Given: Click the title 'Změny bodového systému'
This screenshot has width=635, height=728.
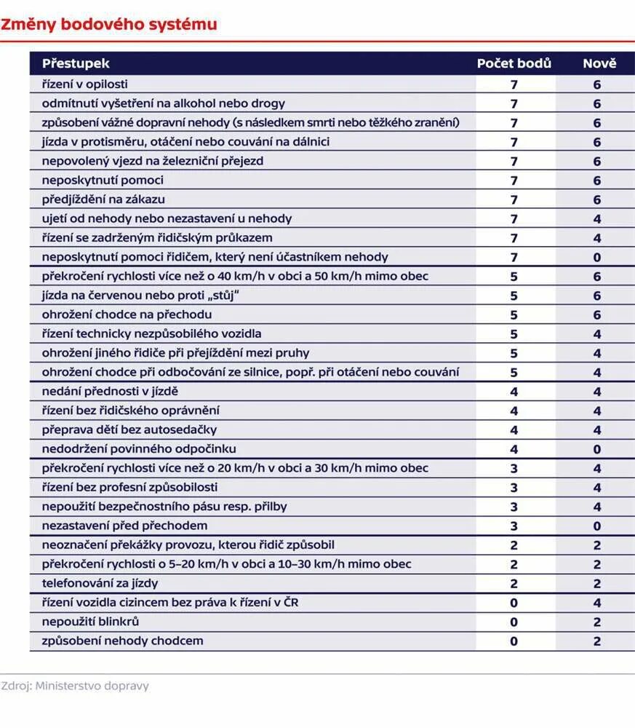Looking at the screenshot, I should (109, 25).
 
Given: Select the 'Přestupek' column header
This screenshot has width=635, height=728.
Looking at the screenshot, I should (76, 63).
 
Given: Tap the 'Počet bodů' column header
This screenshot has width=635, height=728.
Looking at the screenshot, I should (514, 63).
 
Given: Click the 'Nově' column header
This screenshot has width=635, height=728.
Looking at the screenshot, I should (599, 63).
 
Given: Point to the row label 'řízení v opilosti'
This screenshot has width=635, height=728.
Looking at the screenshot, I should (85, 84).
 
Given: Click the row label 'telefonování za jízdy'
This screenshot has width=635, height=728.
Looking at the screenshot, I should (100, 583).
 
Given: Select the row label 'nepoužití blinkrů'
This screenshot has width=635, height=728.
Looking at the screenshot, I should (91, 622).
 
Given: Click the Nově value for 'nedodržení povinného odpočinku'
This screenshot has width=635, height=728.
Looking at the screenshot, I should (597, 449).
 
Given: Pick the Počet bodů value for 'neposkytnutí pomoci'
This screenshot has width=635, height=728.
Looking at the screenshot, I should (514, 181).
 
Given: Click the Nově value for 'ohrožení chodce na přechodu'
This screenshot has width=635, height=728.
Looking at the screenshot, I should (597, 315).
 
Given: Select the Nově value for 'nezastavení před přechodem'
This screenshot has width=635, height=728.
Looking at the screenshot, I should (597, 526).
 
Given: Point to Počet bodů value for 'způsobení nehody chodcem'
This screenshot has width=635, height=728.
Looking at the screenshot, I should (514, 641).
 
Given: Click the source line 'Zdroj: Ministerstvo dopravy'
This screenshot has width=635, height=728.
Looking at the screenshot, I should (75, 686).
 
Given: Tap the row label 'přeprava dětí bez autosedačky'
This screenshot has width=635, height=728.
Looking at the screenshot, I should (129, 430).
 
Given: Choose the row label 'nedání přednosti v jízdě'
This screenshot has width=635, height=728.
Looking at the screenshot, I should (110, 392).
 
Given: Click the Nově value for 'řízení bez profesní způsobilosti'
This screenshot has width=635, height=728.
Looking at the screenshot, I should (597, 488).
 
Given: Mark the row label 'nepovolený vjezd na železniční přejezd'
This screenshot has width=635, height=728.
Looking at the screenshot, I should (153, 161).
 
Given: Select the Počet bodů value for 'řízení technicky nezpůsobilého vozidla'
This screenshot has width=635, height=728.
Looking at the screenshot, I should (514, 334).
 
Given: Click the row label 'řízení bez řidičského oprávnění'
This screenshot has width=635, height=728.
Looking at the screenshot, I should (131, 411).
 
